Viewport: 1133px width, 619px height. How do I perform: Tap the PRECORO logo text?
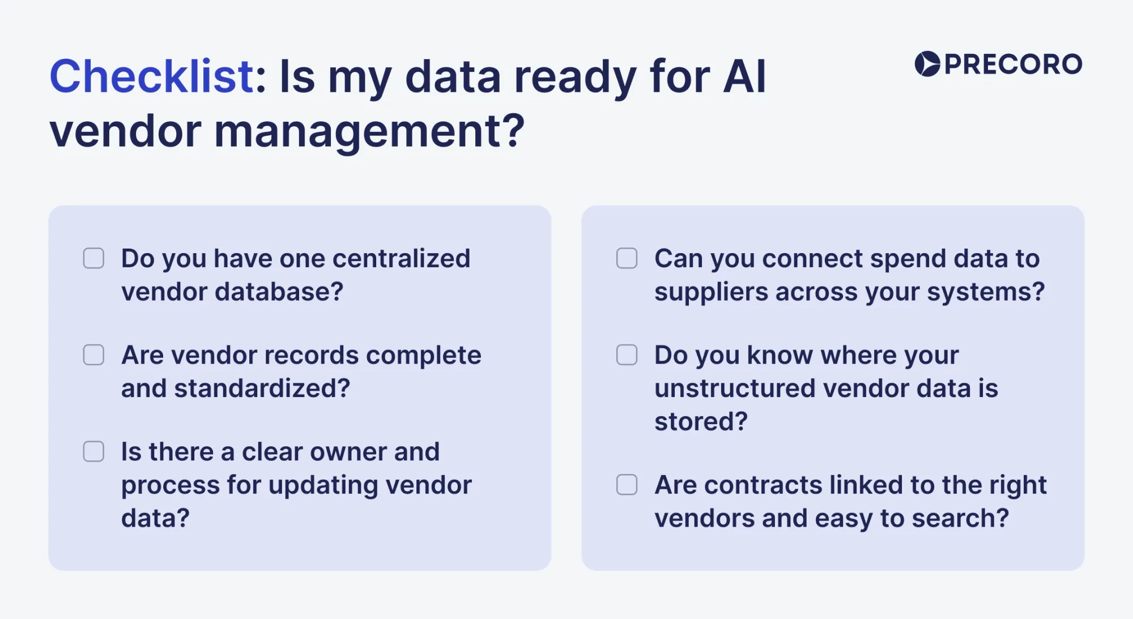click(1013, 64)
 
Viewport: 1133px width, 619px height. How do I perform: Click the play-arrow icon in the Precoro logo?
click(927, 64)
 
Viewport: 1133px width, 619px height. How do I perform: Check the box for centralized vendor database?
click(93, 258)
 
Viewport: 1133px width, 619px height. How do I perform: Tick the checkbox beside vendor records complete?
click(93, 355)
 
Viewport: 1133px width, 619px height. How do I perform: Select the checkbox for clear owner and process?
click(93, 452)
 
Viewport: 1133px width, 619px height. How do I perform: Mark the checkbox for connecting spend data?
click(627, 258)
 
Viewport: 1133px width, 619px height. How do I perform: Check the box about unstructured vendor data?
click(627, 355)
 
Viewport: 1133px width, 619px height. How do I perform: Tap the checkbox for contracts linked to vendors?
click(627, 485)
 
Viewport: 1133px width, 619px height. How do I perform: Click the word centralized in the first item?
click(401, 259)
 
